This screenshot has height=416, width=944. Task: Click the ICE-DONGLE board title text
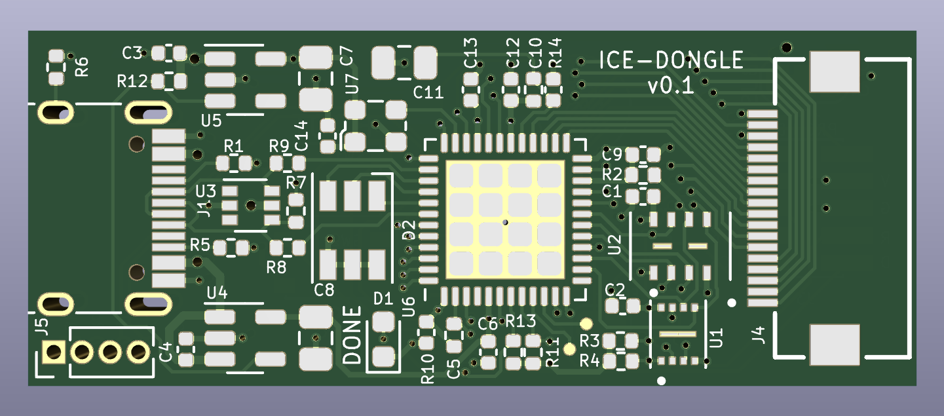pos(671,60)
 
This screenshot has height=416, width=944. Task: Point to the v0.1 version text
pos(670,86)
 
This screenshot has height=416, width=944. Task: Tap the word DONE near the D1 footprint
pos(352,335)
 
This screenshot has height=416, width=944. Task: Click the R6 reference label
pos(82,67)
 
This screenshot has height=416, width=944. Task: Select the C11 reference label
pos(428,92)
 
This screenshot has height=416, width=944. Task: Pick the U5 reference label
pos(211,121)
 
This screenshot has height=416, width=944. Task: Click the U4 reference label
pos(217,292)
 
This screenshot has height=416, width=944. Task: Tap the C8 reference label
pos(324,290)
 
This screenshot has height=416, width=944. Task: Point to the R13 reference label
pos(520,321)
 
